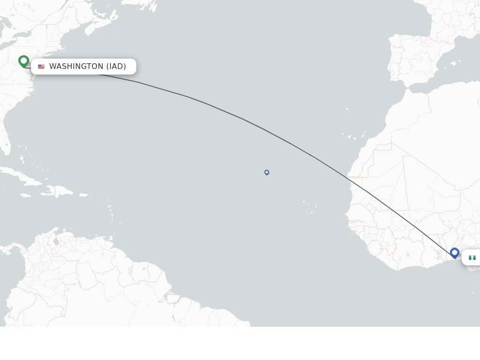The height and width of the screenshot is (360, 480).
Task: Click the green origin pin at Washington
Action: (23, 61)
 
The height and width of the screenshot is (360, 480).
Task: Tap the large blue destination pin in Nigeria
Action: (454, 253)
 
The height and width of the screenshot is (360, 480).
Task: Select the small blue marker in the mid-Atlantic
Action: (267, 172)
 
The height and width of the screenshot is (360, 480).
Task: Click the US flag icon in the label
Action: (41, 67)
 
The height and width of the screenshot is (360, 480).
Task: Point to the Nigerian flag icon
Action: (472, 258)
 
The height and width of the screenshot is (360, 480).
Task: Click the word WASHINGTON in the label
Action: (76, 67)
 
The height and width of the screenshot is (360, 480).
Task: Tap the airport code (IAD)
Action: (116, 67)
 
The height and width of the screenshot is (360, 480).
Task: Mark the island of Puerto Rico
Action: (83, 195)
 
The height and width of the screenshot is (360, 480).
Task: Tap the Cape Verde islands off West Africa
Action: (309, 206)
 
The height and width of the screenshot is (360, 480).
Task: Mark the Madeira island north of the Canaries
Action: (347, 109)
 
